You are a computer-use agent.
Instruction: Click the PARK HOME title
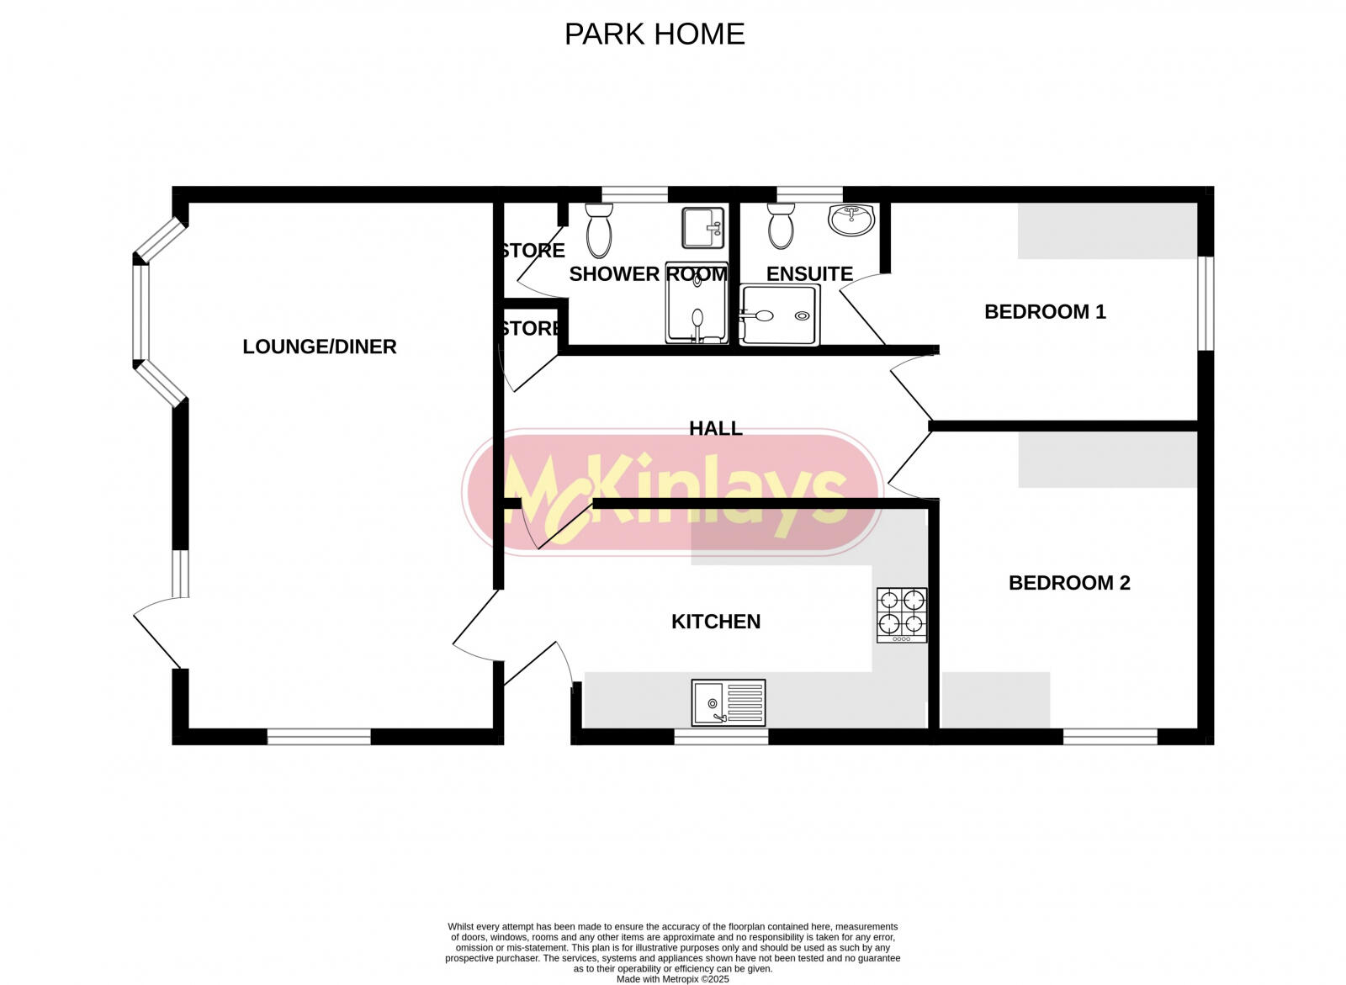click(654, 34)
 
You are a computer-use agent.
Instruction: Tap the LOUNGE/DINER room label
click(319, 347)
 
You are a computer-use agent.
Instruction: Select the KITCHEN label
click(716, 622)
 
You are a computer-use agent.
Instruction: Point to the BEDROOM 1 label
click(1045, 312)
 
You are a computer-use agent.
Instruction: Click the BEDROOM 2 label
click(1069, 583)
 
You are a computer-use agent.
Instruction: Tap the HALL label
click(716, 428)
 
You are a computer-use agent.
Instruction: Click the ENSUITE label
click(809, 274)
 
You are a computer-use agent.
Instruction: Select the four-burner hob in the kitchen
click(902, 615)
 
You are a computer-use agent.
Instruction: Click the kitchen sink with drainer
click(729, 702)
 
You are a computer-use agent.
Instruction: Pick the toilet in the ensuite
click(781, 226)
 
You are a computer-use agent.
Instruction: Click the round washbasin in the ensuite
click(851, 220)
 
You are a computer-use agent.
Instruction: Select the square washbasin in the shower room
click(703, 228)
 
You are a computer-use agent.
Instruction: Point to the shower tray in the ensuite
click(779, 315)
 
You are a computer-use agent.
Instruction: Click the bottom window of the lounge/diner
click(319, 737)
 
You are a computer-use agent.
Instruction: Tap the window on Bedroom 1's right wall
click(1206, 303)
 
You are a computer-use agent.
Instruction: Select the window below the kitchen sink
click(721, 737)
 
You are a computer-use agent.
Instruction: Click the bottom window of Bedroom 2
click(1110, 737)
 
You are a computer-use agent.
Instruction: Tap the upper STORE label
click(533, 251)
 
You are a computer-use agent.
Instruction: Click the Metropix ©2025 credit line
click(673, 979)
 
